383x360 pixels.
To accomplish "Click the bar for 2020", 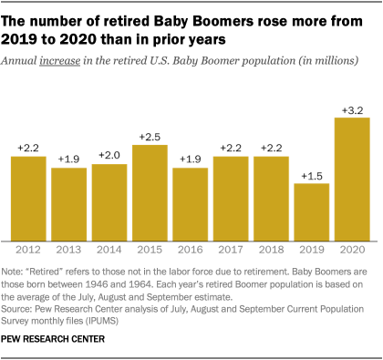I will tap(352, 178).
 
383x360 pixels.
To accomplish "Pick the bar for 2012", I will tap(28, 197).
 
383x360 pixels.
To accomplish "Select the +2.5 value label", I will tap(150, 137).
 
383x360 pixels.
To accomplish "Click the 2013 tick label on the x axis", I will tap(68, 249).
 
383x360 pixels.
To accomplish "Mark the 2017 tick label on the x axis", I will tap(231, 249).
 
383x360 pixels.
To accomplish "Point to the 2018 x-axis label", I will tap(271, 249).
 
